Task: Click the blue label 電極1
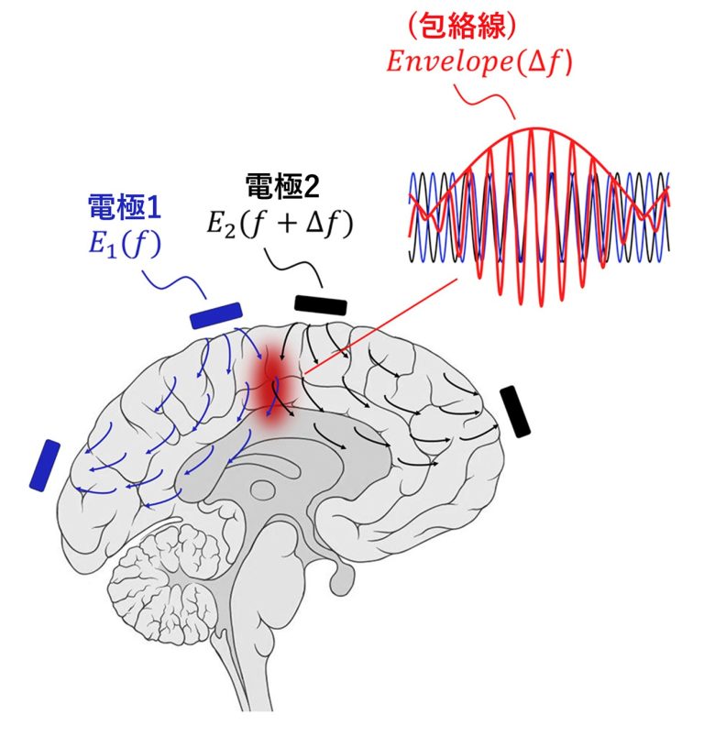pyautogui.click(x=124, y=206)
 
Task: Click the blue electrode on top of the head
pyautogui.click(x=216, y=314)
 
